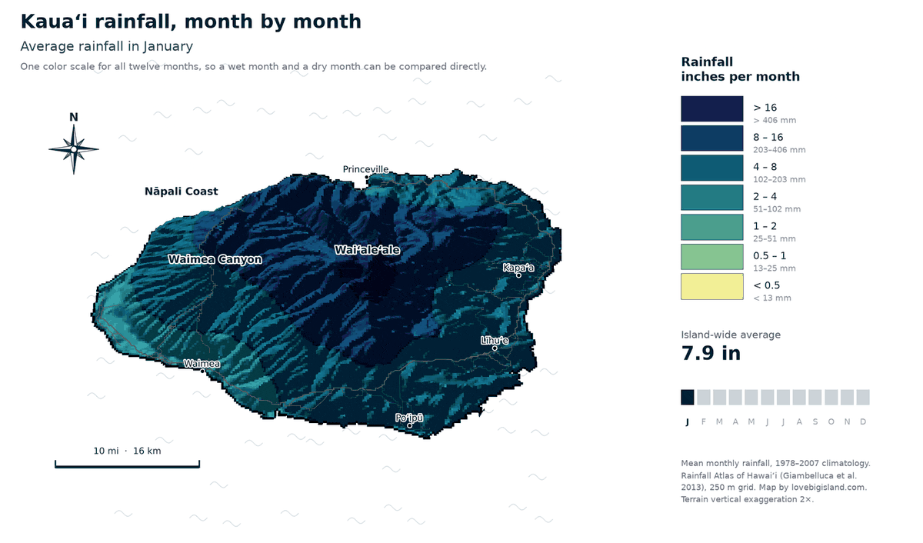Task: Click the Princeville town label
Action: pyautogui.click(x=365, y=169)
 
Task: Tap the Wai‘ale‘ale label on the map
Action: pyautogui.click(x=367, y=250)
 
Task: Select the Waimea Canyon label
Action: pyautogui.click(x=215, y=259)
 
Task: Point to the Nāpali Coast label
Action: pyautogui.click(x=182, y=192)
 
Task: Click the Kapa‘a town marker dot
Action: pyautogui.click(x=518, y=275)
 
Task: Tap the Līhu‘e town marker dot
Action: pyautogui.click(x=495, y=348)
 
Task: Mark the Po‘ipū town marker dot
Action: pyautogui.click(x=409, y=425)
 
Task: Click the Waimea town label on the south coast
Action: pyautogui.click(x=202, y=364)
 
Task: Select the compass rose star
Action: pyautogui.click(x=74, y=149)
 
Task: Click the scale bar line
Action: pyautogui.click(x=128, y=466)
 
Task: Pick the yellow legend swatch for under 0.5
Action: pyautogui.click(x=712, y=286)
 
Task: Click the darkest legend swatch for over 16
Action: pyautogui.click(x=712, y=108)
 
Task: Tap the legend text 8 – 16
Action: pyautogui.click(x=768, y=137)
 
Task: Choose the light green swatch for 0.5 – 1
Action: pyautogui.click(x=712, y=257)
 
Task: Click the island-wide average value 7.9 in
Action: pyautogui.click(x=711, y=353)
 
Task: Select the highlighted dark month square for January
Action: pyautogui.click(x=688, y=397)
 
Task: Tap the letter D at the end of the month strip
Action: pyautogui.click(x=863, y=421)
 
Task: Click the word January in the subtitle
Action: pyautogui.click(x=168, y=47)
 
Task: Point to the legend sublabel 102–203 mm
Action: pyautogui.click(x=779, y=179)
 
